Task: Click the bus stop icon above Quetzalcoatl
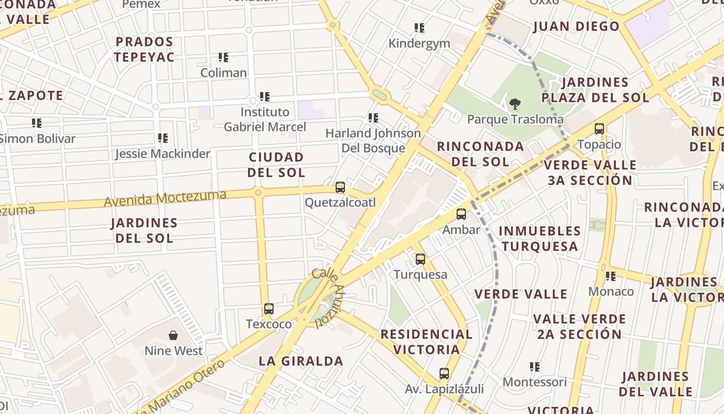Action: (340, 187)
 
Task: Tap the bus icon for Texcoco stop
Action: (268, 309)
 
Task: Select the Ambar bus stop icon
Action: (461, 214)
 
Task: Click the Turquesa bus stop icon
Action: (420, 259)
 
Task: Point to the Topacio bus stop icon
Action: (599, 129)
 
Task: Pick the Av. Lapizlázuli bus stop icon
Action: (444, 373)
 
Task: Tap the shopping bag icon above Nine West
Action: (173, 335)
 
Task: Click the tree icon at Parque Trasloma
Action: (515, 104)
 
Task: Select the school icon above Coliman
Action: (223, 57)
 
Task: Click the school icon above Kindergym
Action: (419, 27)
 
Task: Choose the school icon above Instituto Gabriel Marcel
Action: (265, 96)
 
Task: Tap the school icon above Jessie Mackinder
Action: (163, 138)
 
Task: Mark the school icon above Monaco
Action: (611, 276)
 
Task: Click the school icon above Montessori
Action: (535, 367)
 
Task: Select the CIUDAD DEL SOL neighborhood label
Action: (276, 165)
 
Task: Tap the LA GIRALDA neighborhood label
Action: (301, 361)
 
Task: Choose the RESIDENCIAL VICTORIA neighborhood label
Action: (426, 342)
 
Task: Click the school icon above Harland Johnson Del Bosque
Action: (373, 118)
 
